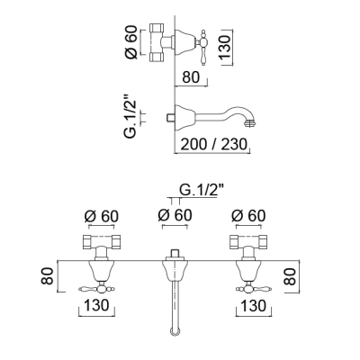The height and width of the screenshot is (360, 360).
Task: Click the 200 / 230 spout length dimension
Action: (x=214, y=144)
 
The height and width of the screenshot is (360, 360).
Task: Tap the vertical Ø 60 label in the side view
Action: (x=131, y=42)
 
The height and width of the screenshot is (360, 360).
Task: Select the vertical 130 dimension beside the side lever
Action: (x=225, y=47)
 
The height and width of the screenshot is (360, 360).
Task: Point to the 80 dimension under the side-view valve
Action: (x=191, y=77)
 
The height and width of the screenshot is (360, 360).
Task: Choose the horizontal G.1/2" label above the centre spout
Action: (x=202, y=190)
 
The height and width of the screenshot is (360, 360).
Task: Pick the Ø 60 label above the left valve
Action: (x=102, y=216)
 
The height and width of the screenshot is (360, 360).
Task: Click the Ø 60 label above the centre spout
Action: (x=175, y=215)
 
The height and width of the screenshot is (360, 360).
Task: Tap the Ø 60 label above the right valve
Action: (x=248, y=216)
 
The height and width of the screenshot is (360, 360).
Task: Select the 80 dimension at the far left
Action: (x=48, y=276)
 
